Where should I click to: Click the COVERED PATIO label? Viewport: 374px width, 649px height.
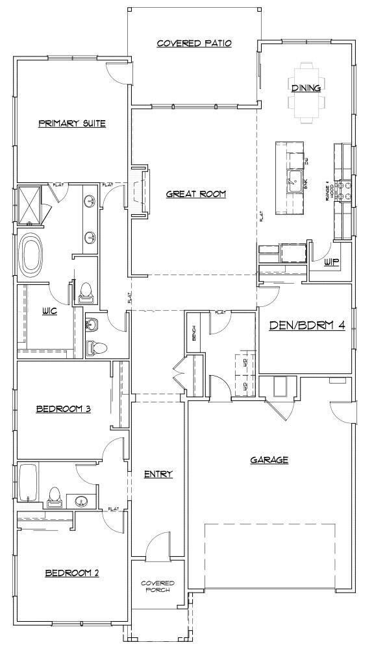point(194,43)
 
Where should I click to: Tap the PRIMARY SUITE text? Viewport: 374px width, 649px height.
point(71,123)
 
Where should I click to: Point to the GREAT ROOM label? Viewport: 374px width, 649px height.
point(195,193)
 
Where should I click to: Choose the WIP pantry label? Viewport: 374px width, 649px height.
point(332,262)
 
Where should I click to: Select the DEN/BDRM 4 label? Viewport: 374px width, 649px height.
point(306,325)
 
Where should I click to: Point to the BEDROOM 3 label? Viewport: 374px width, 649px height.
point(62,409)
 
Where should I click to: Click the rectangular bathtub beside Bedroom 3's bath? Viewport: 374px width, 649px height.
point(27,483)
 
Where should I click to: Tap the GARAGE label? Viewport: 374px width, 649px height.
point(269,460)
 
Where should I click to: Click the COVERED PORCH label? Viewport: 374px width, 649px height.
point(157,587)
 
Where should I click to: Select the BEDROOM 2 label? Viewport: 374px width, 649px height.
point(71,573)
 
